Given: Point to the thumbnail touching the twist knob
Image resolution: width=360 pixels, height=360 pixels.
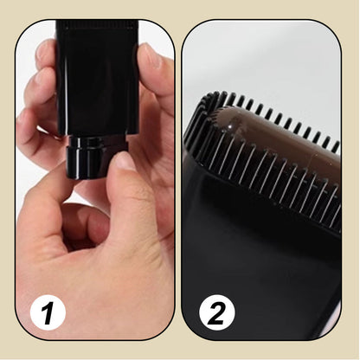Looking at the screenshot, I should coord(125,163).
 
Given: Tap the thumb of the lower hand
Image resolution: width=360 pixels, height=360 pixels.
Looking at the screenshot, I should coord(130,195).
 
